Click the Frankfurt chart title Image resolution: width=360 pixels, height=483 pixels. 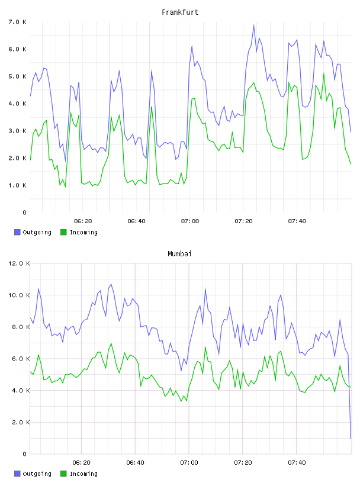pyautogui.click(x=180, y=12)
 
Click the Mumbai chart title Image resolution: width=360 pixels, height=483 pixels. pyautogui.click(x=179, y=254)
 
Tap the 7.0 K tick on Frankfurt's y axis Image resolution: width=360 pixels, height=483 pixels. pyautogui.click(x=18, y=22)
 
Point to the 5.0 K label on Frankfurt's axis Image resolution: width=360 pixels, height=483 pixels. pyautogui.click(x=18, y=76)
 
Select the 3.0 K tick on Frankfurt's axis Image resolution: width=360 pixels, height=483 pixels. pyautogui.click(x=18, y=131)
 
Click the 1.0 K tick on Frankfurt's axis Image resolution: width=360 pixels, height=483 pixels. pyautogui.click(x=18, y=185)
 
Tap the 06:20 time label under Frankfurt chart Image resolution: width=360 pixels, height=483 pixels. pyautogui.click(x=83, y=221)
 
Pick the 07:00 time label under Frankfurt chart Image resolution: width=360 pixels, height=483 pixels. pyautogui.click(x=190, y=221)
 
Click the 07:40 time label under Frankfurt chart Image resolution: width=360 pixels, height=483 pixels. pyautogui.click(x=297, y=221)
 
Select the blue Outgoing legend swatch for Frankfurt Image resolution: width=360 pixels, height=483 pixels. pyautogui.click(x=17, y=232)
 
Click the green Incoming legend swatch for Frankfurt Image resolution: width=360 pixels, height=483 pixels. pyautogui.click(x=63, y=232)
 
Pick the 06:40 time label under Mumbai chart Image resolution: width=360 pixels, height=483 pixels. pyautogui.click(x=136, y=463)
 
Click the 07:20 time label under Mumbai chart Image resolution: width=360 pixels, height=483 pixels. pyautogui.click(x=243, y=463)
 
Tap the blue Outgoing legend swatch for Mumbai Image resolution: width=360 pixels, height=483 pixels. pyautogui.click(x=17, y=474)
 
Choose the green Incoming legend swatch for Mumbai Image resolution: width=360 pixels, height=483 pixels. pyautogui.click(x=63, y=474)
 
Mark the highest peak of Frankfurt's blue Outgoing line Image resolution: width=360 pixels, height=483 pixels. pyautogui.click(x=254, y=25)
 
